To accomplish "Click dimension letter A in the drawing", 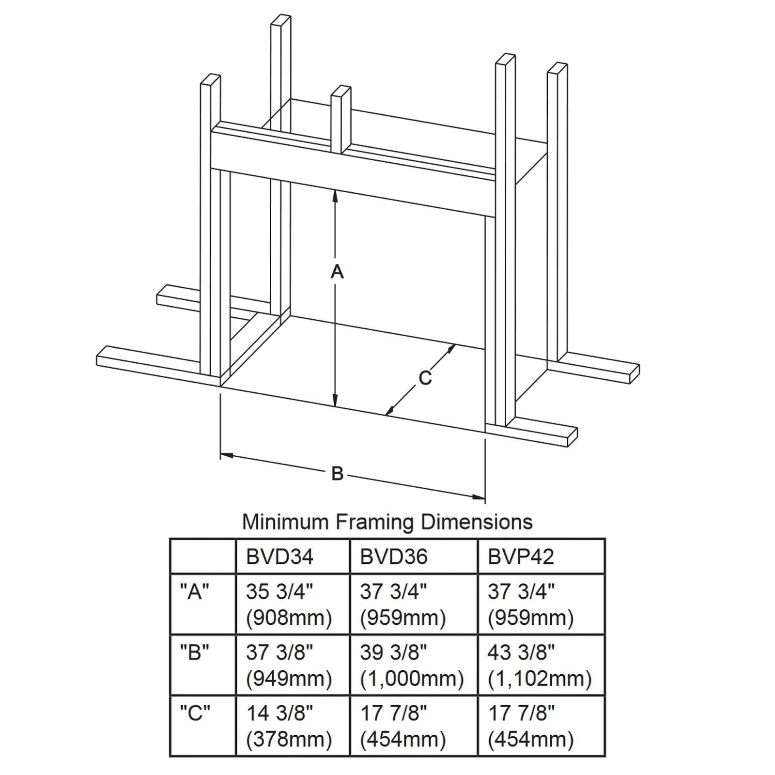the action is (337, 272).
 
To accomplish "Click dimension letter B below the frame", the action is (337, 473).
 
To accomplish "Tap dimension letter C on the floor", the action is (425, 378).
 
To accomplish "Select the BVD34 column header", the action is (279, 557).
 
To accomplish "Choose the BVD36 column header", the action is (394, 557).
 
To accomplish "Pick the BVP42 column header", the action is (521, 557).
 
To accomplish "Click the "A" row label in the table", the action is (194, 591).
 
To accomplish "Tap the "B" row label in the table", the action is (194, 652).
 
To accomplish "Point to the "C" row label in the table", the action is (195, 713).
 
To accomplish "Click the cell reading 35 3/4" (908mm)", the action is (289, 604).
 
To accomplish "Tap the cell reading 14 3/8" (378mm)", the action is (289, 726).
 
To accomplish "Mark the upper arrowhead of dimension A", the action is (335, 195).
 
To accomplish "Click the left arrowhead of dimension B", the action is (227, 455).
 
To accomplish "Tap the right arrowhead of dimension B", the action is (479, 496).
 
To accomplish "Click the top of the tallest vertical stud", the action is (281, 19).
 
